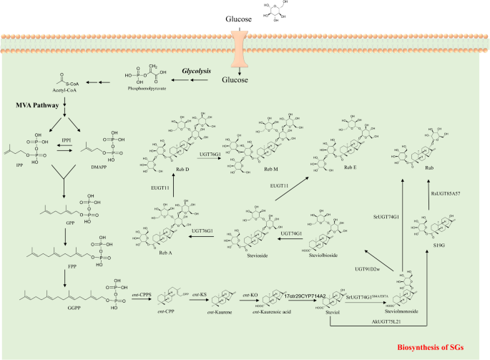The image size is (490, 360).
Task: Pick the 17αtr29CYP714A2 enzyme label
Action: (305, 296)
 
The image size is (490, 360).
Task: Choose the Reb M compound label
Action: (260, 172)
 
